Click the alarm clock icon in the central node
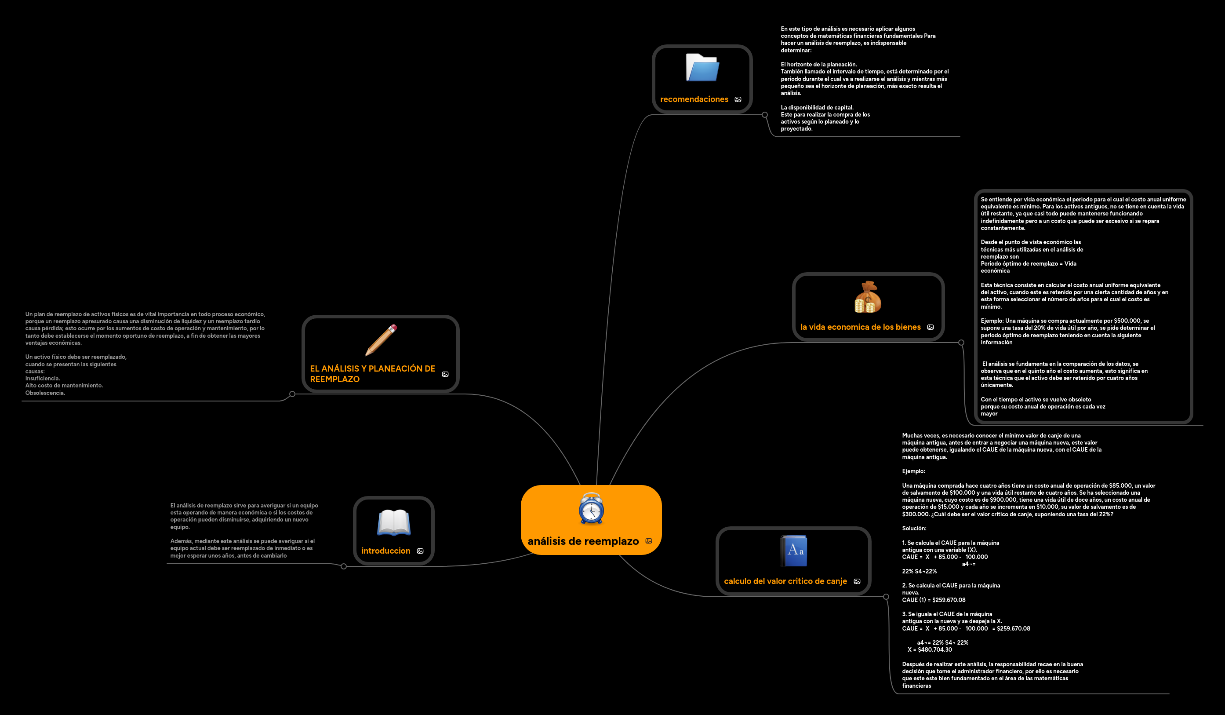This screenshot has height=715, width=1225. (591, 508)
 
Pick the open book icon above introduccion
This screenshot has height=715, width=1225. (394, 522)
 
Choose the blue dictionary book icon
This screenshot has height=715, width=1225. (794, 551)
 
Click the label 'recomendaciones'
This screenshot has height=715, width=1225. (694, 99)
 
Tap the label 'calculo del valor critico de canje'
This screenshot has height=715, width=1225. (785, 581)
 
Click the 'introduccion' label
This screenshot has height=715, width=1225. (385, 551)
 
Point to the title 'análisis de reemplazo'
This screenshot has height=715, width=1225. (583, 541)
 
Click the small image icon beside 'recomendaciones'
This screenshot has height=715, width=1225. (738, 100)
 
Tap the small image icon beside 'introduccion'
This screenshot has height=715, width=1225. (420, 551)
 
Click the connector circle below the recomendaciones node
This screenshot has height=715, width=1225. (765, 115)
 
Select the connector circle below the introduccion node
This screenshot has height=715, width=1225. (344, 566)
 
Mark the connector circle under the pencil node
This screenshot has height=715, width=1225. (292, 394)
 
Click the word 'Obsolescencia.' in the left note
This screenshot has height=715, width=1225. (45, 393)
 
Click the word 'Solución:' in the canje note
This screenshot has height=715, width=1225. (914, 528)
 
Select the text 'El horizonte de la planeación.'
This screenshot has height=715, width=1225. (818, 64)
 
